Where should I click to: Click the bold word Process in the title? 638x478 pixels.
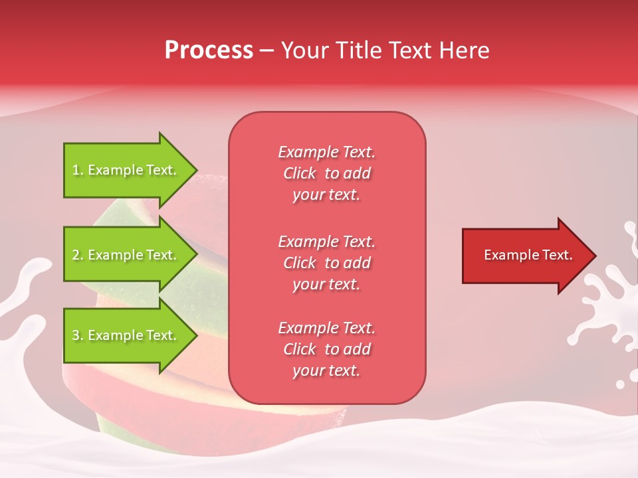[x=209, y=50]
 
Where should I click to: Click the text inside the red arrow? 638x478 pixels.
[x=528, y=255]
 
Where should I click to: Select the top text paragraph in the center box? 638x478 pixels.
[x=326, y=173]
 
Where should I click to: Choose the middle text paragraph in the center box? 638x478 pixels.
[x=326, y=263]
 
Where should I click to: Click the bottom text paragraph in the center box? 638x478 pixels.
[x=326, y=349]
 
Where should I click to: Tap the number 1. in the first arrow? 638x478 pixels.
[x=78, y=170]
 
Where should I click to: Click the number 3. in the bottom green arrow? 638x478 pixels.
[x=78, y=335]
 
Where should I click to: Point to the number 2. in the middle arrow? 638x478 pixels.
[x=78, y=255]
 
